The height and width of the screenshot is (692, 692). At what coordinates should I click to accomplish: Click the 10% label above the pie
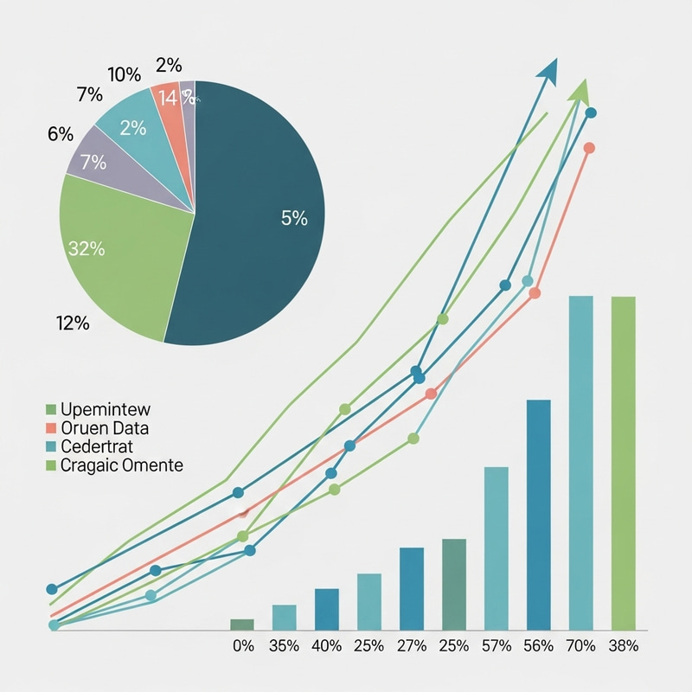click(x=125, y=74)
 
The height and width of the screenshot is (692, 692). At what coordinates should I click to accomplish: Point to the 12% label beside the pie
click(x=73, y=324)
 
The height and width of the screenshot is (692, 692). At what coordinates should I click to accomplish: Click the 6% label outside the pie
click(x=61, y=134)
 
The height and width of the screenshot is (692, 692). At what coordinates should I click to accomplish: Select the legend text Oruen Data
click(x=105, y=428)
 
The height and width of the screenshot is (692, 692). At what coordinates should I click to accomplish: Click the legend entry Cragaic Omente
click(x=122, y=465)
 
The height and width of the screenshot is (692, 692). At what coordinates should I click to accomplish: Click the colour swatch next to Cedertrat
click(x=50, y=447)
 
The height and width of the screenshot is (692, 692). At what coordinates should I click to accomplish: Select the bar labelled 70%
click(x=580, y=463)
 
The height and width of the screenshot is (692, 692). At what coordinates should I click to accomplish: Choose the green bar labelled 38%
click(x=623, y=463)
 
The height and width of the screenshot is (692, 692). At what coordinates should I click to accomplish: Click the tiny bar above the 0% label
click(x=242, y=625)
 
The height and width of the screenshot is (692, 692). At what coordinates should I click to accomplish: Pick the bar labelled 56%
click(x=538, y=515)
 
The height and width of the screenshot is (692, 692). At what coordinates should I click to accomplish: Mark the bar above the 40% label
click(x=327, y=609)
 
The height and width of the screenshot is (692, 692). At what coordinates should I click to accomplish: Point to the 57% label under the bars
click(x=496, y=646)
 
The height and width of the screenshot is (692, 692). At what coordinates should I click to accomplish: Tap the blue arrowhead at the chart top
click(x=546, y=71)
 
